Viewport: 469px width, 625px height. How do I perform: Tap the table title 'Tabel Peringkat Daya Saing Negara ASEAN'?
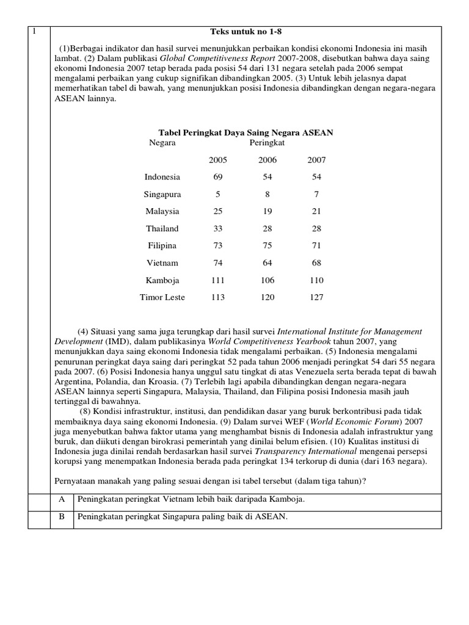[x=245, y=132]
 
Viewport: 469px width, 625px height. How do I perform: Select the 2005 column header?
[x=218, y=160]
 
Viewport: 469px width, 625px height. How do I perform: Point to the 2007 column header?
[x=316, y=160]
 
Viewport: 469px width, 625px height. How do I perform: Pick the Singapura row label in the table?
[x=162, y=194]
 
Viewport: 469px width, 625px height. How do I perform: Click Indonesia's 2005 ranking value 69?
[x=218, y=177]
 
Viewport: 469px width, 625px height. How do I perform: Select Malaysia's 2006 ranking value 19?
[x=267, y=211]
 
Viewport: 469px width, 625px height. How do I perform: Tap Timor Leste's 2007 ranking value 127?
[x=316, y=297]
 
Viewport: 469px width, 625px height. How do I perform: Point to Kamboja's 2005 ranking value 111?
[x=218, y=280]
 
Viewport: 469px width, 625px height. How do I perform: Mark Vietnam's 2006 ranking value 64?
[x=267, y=263]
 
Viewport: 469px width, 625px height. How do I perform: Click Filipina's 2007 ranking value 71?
[x=316, y=245]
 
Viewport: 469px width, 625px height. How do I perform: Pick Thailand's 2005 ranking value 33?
[x=218, y=228]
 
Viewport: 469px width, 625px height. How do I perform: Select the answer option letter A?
[x=61, y=499]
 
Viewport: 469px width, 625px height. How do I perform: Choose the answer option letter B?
[x=61, y=517]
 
